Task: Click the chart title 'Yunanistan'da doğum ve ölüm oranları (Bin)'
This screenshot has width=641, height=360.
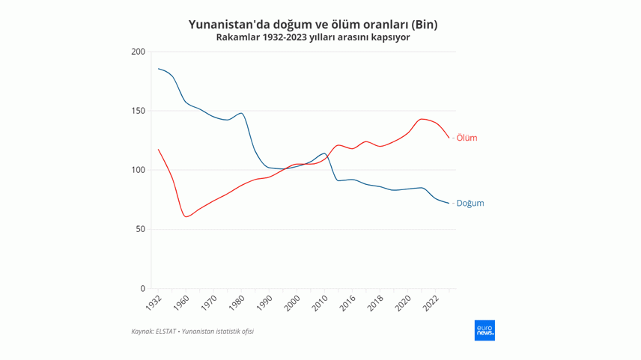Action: (313, 24)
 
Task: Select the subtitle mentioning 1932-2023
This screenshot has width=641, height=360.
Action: (313, 37)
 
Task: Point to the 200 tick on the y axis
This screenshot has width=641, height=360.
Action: (138, 52)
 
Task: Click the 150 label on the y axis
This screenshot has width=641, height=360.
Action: (138, 111)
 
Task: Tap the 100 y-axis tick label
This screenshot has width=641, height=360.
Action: (138, 170)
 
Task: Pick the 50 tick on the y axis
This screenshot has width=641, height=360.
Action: (140, 229)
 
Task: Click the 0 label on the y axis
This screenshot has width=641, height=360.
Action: (142, 289)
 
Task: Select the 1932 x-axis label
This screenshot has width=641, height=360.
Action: (154, 303)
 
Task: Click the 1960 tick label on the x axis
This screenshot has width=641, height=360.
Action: (182, 303)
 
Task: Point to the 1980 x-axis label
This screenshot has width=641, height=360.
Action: (237, 303)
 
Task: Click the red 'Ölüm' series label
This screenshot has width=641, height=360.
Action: (467, 138)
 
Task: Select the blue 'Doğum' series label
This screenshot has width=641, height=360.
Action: (470, 203)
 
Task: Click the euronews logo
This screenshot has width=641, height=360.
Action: (484, 330)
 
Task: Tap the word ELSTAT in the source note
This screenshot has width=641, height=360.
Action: (165, 331)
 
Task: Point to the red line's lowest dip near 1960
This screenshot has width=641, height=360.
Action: (186, 217)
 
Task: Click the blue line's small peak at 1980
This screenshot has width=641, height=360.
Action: (241, 113)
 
